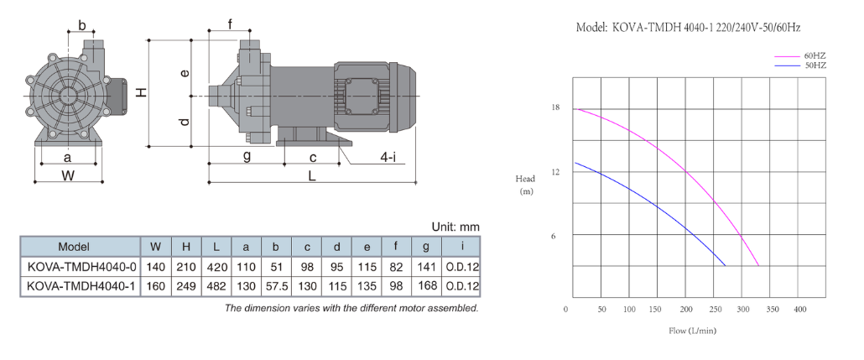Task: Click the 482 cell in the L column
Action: (216, 286)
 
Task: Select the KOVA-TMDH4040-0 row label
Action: (81, 267)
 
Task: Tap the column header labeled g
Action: (426, 246)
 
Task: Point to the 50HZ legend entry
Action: (815, 65)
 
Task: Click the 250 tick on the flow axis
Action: (716, 310)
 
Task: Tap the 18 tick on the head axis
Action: (555, 107)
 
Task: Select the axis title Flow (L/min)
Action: (693, 331)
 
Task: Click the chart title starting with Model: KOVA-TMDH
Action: (688, 27)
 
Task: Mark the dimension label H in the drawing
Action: (142, 92)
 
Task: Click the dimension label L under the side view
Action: (312, 176)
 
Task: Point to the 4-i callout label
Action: (388, 157)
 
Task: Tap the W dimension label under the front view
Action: (68, 176)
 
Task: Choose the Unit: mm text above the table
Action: (455, 227)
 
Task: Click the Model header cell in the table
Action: (73, 247)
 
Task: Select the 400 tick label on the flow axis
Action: (799, 310)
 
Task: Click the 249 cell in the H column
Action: (186, 286)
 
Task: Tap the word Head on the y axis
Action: (525, 179)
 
